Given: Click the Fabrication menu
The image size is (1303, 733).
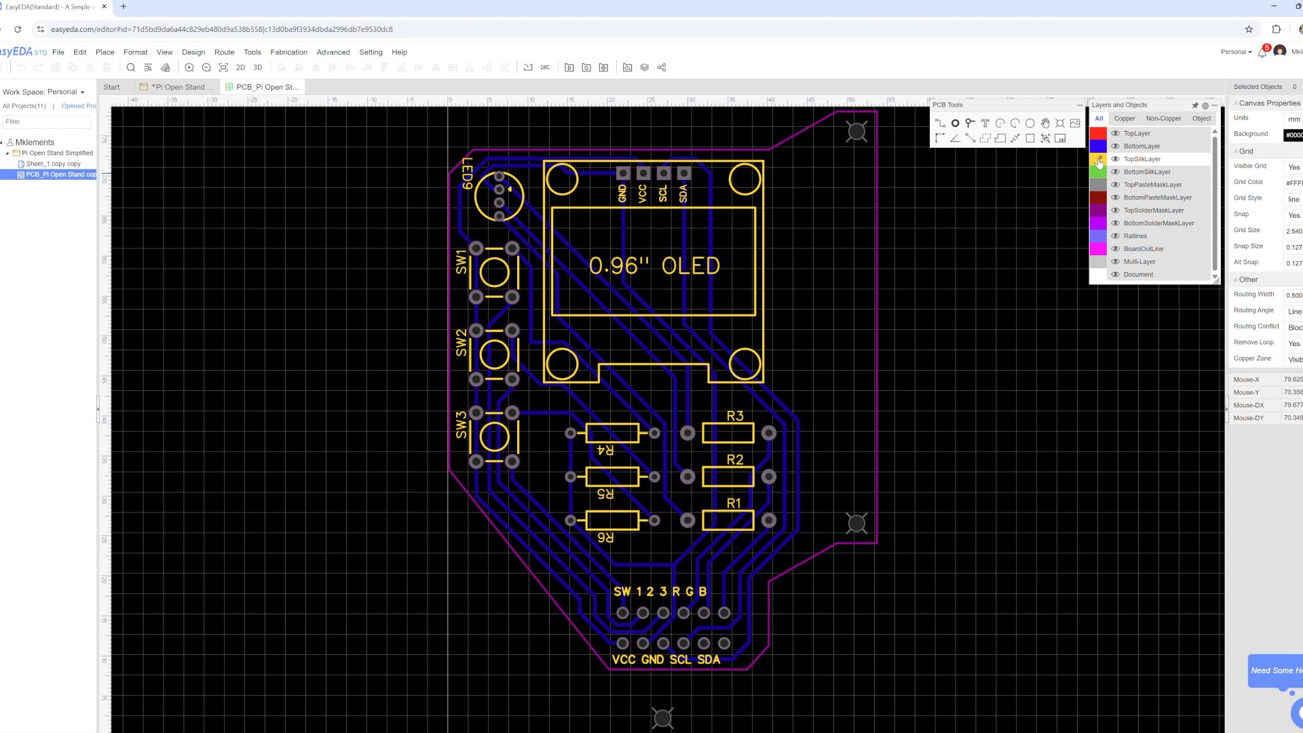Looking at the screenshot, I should pos(288,52).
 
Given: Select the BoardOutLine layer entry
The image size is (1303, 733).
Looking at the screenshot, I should pos(1143,249).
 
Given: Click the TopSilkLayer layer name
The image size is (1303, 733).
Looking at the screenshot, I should pos(1141,159).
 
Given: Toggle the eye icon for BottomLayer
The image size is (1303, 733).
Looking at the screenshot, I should pos(1115,147).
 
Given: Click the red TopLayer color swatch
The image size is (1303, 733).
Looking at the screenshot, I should pos(1097,134).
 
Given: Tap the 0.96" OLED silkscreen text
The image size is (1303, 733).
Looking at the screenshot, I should pos(654,266).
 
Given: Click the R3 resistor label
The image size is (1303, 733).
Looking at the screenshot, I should pos(735,416).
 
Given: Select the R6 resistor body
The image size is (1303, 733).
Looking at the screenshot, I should pos(611,521).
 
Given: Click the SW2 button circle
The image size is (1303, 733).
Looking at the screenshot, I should pos(494,355).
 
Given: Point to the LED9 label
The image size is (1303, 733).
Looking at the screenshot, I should pos(467,173).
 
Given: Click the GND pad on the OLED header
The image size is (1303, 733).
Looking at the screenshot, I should pos(623,174).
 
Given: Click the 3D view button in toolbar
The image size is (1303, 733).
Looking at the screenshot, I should pos(257,68).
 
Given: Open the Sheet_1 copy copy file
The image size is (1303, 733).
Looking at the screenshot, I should pos(53,164).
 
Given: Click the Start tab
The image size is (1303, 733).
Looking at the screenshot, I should pos(112,88).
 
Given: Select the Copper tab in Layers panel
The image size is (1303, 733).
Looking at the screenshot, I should pos(1125,119).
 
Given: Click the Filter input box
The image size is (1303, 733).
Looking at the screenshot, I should pos(47,122).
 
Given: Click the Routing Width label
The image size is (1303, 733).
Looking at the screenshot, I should pos(1253,295).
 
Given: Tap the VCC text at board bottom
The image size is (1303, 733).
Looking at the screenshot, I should pos(624,660).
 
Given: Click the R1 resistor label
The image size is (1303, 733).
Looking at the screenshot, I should pos(734,504).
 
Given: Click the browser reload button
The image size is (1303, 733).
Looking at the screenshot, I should pos(18,29).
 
